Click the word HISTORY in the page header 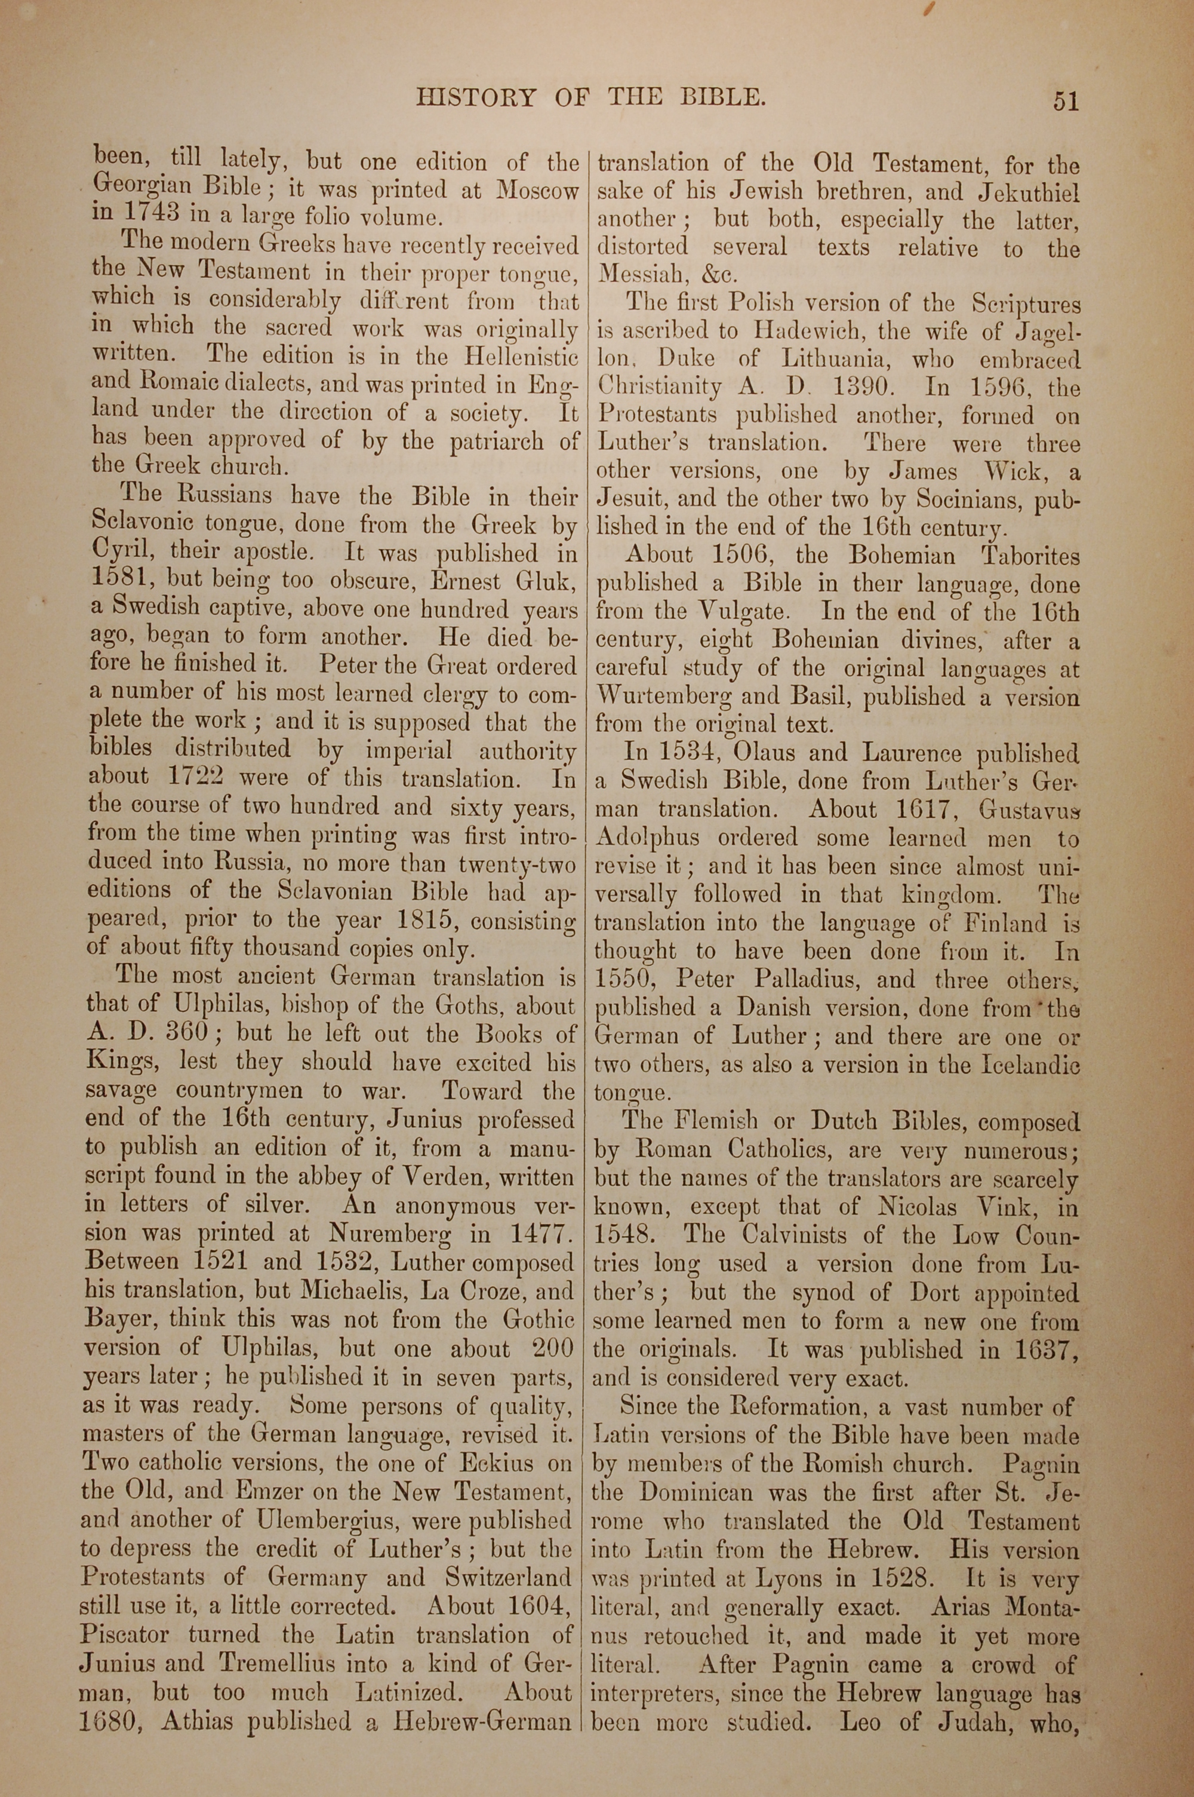(x=476, y=98)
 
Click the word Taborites (x=1030, y=556)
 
